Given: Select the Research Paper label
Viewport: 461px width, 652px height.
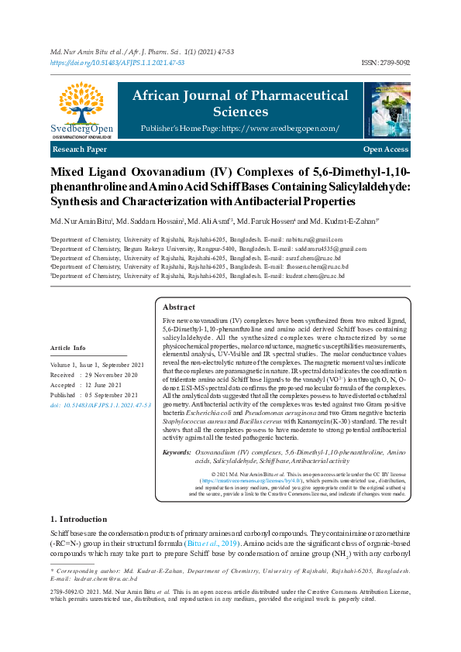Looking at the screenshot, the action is pyautogui.click(x=80, y=148).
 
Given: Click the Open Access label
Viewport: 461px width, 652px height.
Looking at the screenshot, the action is pyautogui.click(x=385, y=149).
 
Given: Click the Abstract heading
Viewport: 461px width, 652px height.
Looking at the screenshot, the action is pyautogui.click(x=179, y=307).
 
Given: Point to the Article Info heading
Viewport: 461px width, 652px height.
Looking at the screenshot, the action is pyautogui.click(x=68, y=348).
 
